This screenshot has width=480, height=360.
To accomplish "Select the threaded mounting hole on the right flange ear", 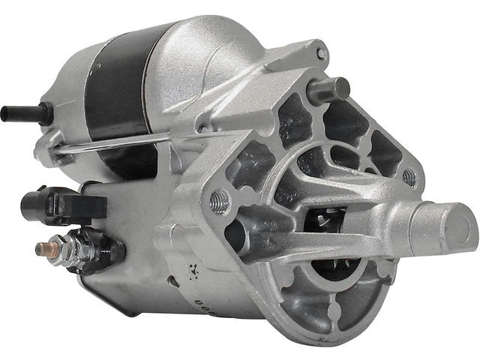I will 409,178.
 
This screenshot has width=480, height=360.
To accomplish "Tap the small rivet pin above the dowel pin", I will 321,54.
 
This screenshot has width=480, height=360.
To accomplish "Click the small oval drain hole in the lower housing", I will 172,282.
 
